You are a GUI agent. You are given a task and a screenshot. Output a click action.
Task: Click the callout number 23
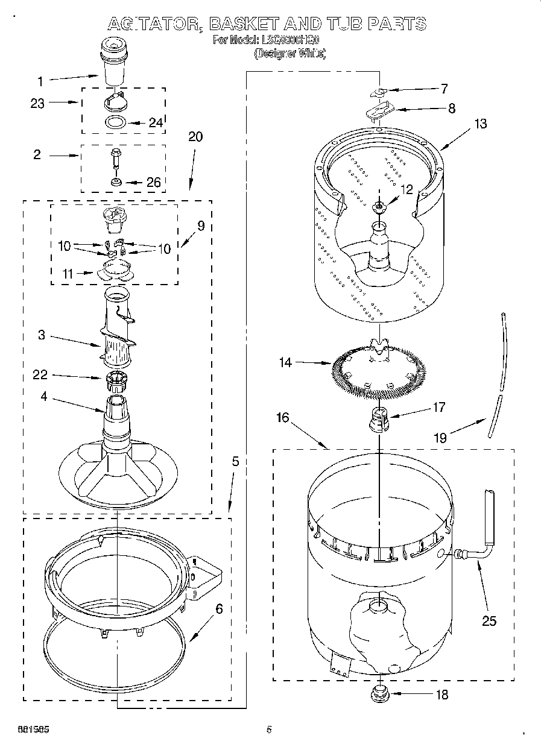(37, 104)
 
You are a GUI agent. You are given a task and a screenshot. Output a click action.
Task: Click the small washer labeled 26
(116, 181)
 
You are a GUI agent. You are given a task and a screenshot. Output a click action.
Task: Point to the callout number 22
(40, 375)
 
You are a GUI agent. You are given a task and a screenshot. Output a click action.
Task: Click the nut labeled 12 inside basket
(380, 207)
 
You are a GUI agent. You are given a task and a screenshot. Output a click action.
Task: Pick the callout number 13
(480, 124)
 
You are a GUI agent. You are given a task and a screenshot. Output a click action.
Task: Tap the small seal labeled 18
(380, 695)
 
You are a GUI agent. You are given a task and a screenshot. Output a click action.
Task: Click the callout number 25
(489, 620)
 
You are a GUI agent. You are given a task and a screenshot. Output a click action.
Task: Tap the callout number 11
(68, 274)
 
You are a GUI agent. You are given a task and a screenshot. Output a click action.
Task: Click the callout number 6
(219, 609)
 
